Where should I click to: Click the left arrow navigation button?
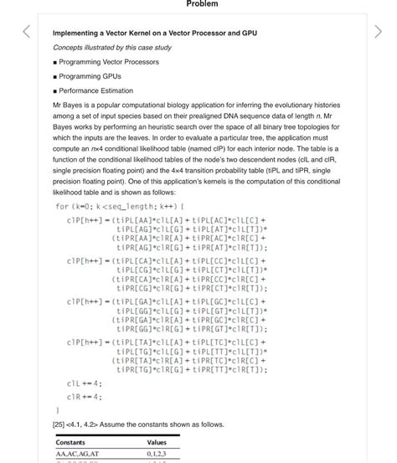[26, 33]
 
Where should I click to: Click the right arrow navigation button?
[374, 33]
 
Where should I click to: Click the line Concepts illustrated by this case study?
[111, 47]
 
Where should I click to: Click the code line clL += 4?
[84, 383]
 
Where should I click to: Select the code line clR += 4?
[84, 397]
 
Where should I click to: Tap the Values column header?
[157, 442]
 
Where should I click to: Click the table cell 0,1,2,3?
[157, 455]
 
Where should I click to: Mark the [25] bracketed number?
[59, 424]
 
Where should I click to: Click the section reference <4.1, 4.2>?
[89, 424]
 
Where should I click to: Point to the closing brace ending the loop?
[58, 410]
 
